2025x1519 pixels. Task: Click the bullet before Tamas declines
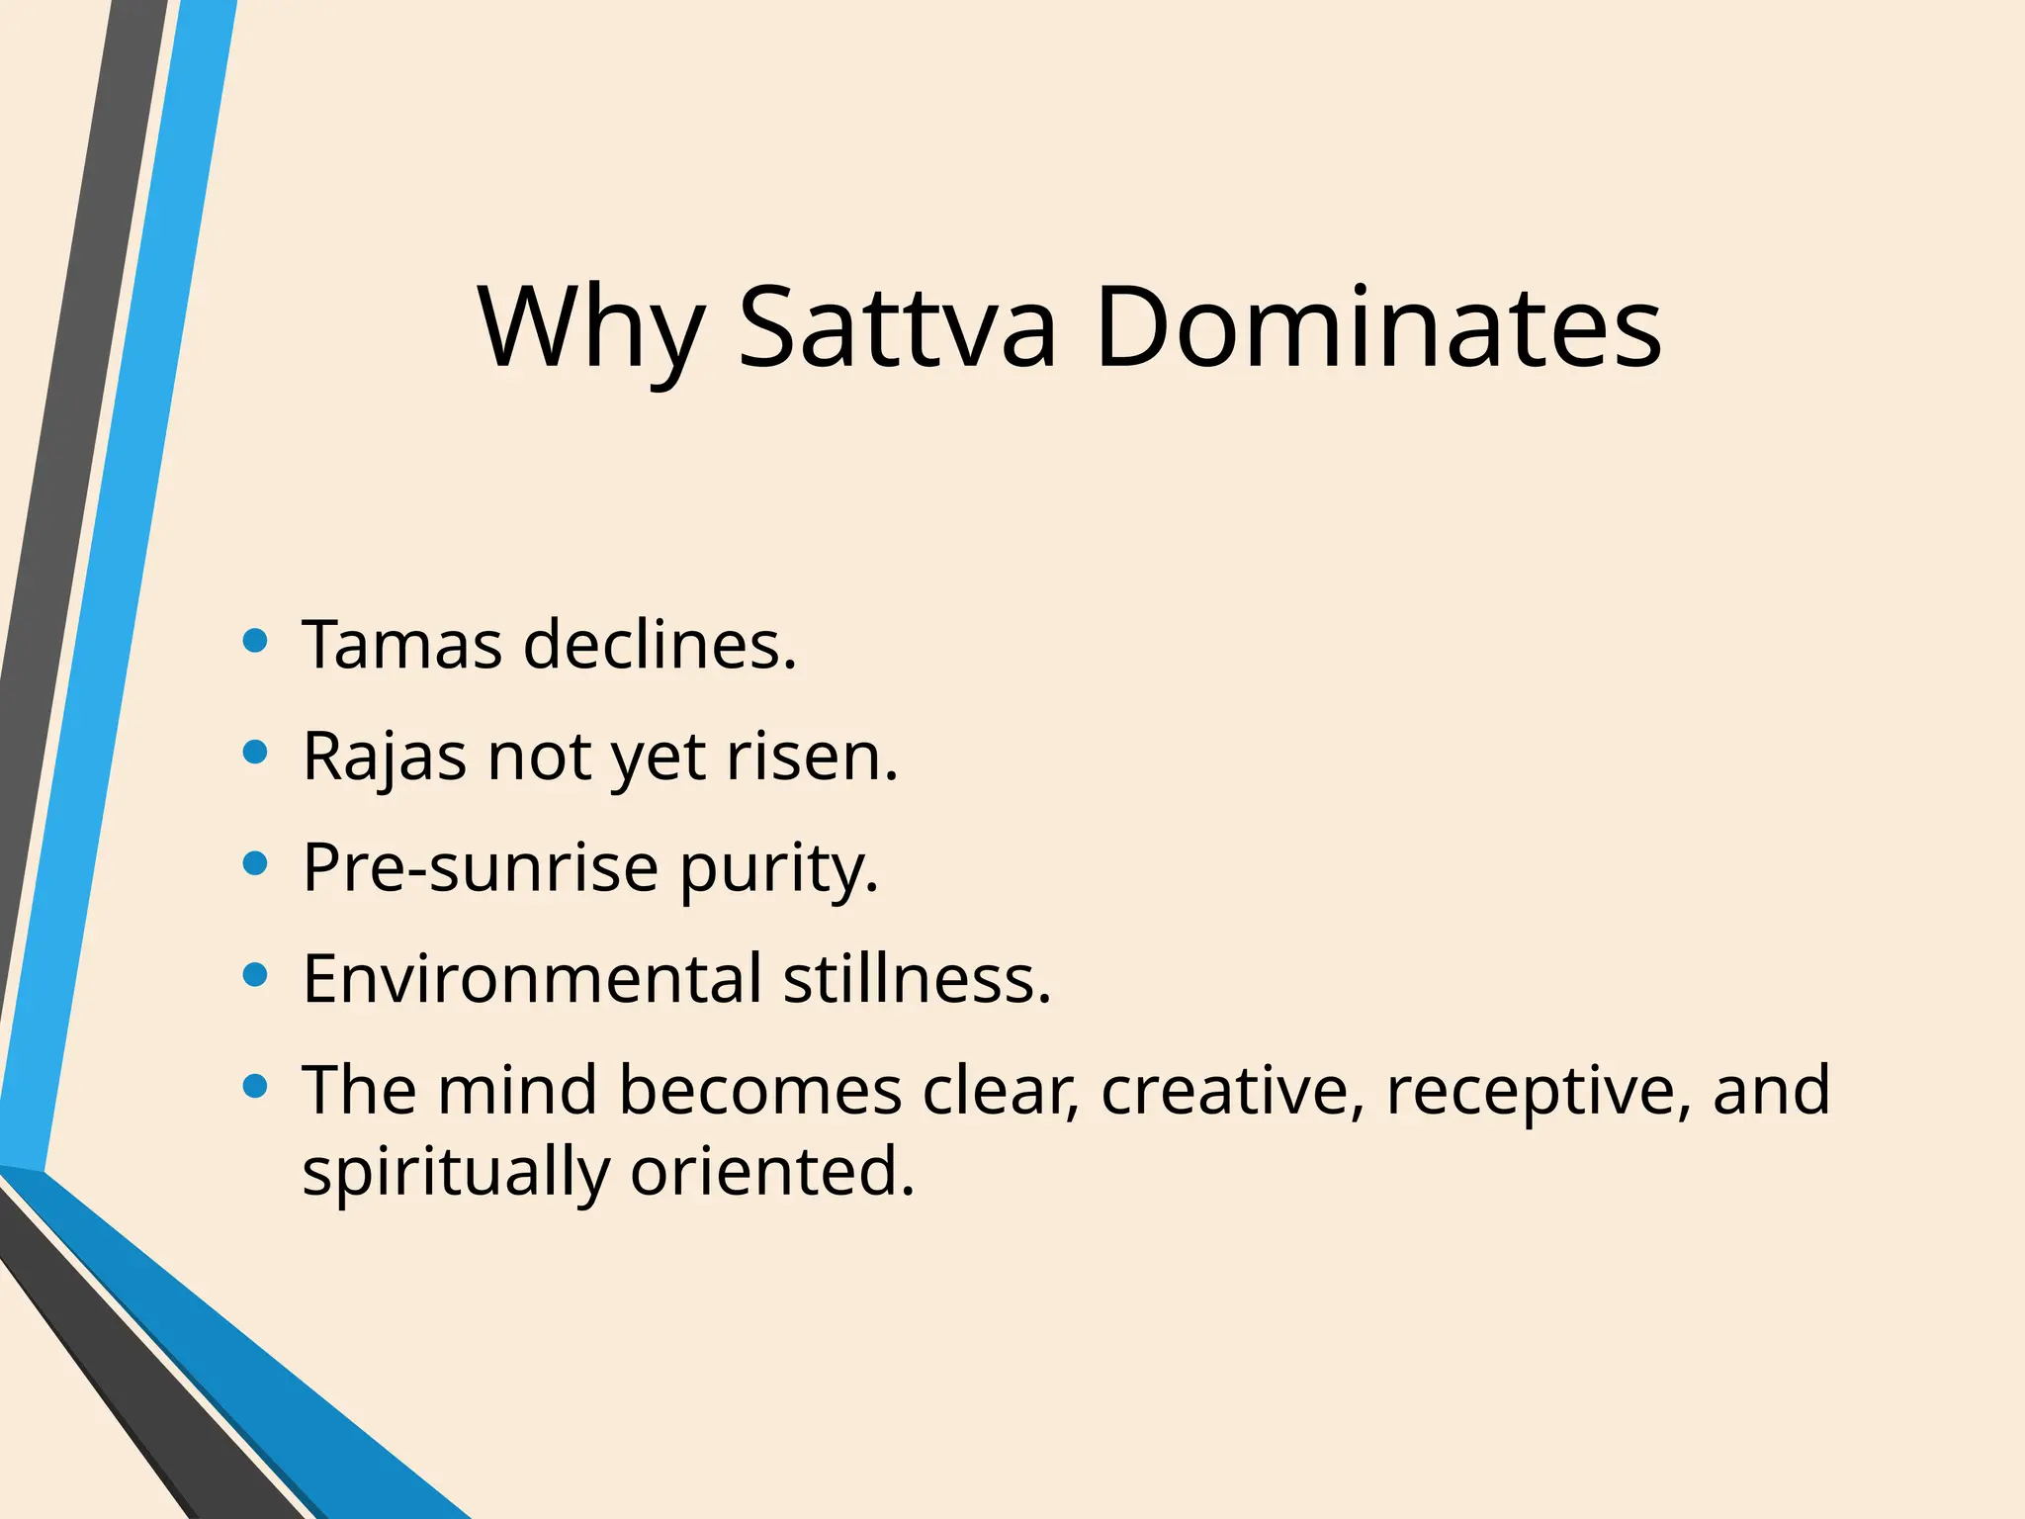[255, 642]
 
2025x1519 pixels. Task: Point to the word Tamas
[401, 645]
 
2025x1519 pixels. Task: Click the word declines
[660, 645]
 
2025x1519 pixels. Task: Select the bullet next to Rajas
[255, 754]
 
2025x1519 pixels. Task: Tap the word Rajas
[384, 757]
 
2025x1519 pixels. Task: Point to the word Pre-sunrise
[480, 868]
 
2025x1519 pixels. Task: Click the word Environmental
[532, 979]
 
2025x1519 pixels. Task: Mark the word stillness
[917, 979]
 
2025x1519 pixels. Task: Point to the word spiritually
[455, 1174]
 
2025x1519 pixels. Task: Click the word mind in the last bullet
[517, 1091]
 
